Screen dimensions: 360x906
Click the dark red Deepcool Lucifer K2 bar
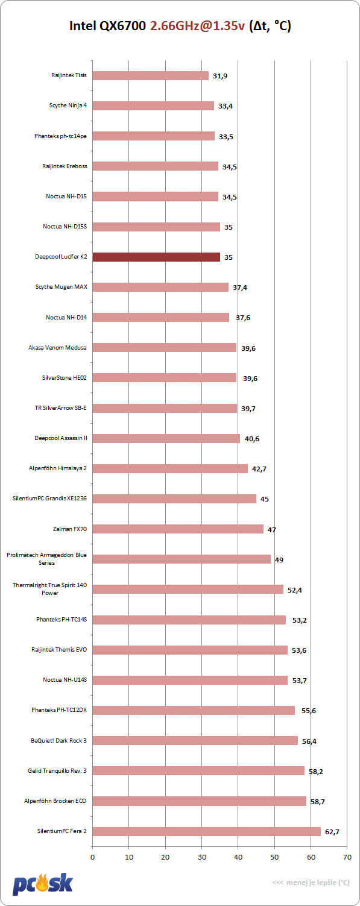[x=156, y=257]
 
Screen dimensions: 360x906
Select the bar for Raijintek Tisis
[x=151, y=75]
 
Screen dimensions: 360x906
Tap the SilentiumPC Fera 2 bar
[x=207, y=831]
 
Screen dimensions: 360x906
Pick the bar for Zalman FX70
[x=178, y=529]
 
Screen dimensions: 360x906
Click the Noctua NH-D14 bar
[x=161, y=317]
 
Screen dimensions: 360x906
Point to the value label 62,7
[x=332, y=832]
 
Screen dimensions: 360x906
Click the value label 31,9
[x=220, y=76]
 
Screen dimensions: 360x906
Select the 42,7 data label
[x=259, y=469]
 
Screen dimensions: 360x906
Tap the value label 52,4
[x=295, y=590]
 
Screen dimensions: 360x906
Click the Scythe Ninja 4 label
[x=68, y=105]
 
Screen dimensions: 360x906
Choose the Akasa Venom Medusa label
[x=57, y=347]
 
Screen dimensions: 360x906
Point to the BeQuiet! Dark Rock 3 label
[x=58, y=740]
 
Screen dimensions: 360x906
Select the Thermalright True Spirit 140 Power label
[x=50, y=589]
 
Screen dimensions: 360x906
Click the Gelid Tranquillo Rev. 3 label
[x=57, y=770]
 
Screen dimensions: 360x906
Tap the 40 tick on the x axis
[x=238, y=857]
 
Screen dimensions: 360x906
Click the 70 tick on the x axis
[x=347, y=857]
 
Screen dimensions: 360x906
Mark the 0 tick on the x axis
[x=93, y=857]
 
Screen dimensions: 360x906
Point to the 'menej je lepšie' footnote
[x=311, y=882]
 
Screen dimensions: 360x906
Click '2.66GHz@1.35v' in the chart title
[x=197, y=26]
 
